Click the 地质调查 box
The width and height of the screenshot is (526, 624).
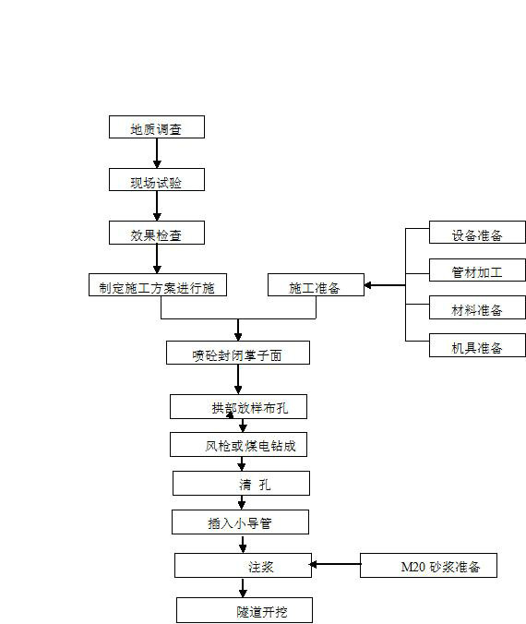pos(157,127)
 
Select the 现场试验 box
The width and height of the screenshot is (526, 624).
pos(157,179)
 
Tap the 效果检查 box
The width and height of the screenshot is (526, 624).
pos(157,233)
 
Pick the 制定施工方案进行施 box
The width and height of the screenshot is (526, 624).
pos(158,284)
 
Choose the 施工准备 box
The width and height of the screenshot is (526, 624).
pos(316,284)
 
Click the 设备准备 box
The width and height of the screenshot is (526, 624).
pos(477,232)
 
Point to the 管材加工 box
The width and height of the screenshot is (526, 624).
pos(477,270)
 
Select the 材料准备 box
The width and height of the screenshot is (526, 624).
pos(477,307)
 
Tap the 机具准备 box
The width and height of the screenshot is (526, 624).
pos(477,345)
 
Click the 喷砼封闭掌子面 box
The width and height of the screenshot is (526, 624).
pos(238,353)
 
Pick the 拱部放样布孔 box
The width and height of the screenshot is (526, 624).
pos(238,406)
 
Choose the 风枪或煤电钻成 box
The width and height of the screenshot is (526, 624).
pos(238,444)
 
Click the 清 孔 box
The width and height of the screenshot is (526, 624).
pos(241,483)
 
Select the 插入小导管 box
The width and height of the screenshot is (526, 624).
pos(240,522)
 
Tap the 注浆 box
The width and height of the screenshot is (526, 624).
pos(243,565)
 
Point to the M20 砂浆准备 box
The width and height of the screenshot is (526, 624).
pos(428,565)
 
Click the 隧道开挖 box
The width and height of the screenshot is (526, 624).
pos(245,610)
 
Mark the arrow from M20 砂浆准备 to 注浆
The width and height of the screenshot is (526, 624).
pos(335,564)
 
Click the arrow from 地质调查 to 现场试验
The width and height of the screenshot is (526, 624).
pos(157,153)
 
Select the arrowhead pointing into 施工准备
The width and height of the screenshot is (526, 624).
pos(367,285)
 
